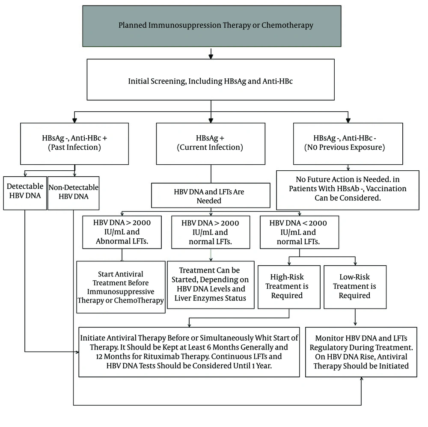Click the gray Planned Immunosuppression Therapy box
click(212, 26)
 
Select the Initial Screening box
click(211, 80)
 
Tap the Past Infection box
click(74, 144)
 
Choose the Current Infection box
click(211, 144)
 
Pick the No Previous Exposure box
click(348, 144)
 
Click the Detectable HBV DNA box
click(25, 193)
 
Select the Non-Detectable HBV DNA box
click(74, 193)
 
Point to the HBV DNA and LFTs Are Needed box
click(211, 196)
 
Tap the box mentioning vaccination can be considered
click(348, 190)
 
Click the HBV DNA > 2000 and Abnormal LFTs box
click(122, 232)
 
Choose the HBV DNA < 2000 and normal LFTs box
click(300, 232)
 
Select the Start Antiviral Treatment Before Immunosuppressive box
click(121, 287)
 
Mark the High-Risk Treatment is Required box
click(289, 287)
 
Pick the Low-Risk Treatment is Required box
click(355, 287)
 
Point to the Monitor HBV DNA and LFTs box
click(361, 352)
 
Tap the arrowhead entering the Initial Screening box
click(211, 56)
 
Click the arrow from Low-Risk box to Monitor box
click(355, 317)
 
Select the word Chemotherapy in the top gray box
click(287, 25)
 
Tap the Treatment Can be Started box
click(211, 285)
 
